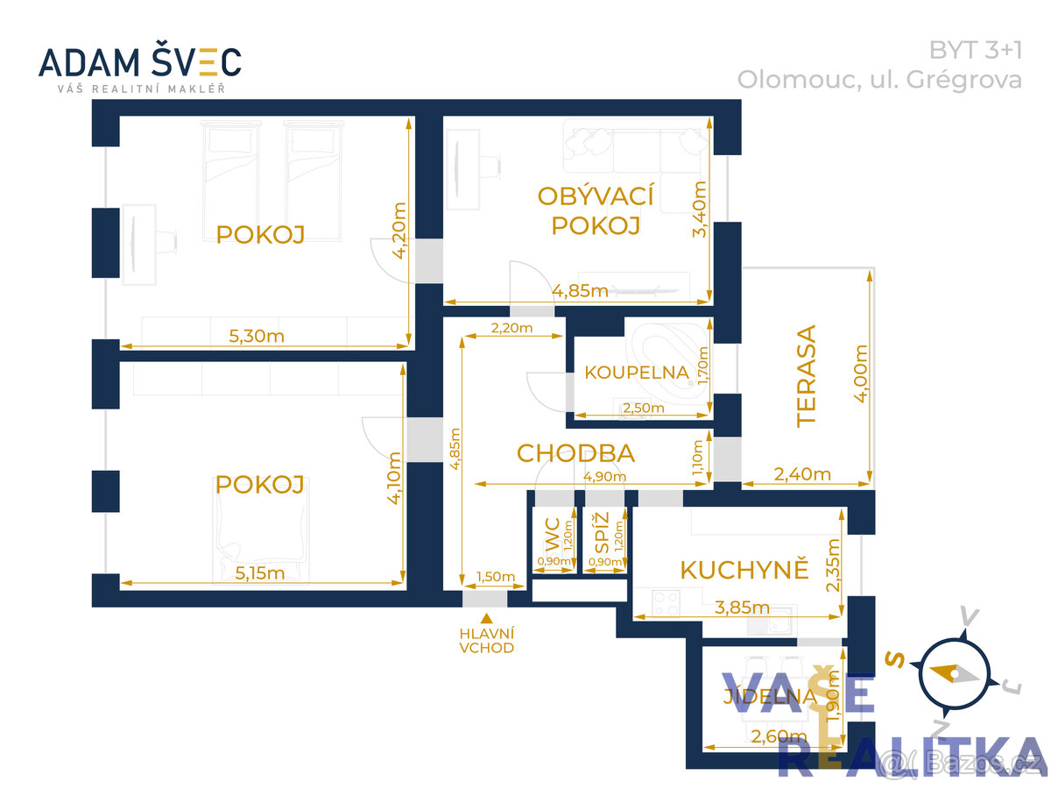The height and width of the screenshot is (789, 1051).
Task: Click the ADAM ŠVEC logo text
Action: (140, 61)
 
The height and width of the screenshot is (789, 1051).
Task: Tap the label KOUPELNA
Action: (637, 371)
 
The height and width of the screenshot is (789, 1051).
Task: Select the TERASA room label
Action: (806, 375)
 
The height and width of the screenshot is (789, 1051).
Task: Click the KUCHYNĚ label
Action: (744, 570)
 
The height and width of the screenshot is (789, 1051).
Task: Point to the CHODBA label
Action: (575, 453)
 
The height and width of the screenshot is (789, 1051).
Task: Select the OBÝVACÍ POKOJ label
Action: (596, 210)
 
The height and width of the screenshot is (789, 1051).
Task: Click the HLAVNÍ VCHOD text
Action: (486, 641)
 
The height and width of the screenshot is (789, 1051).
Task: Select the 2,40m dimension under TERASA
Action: (803, 474)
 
